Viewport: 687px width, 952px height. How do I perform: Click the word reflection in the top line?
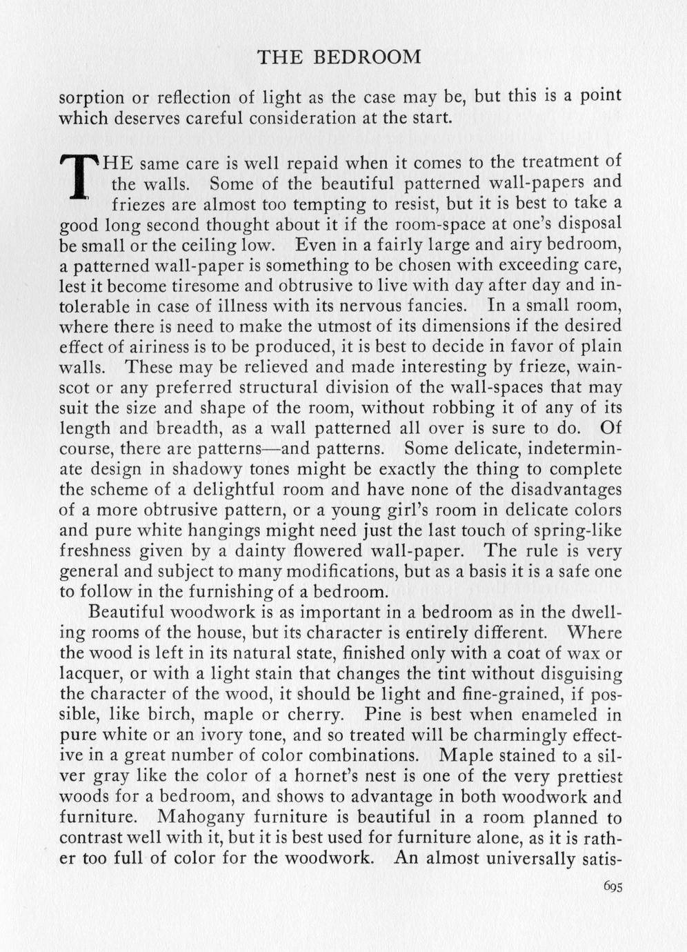click(x=196, y=97)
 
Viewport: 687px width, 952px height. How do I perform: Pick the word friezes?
click(x=137, y=205)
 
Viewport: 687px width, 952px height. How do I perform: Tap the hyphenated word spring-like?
click(x=577, y=530)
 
